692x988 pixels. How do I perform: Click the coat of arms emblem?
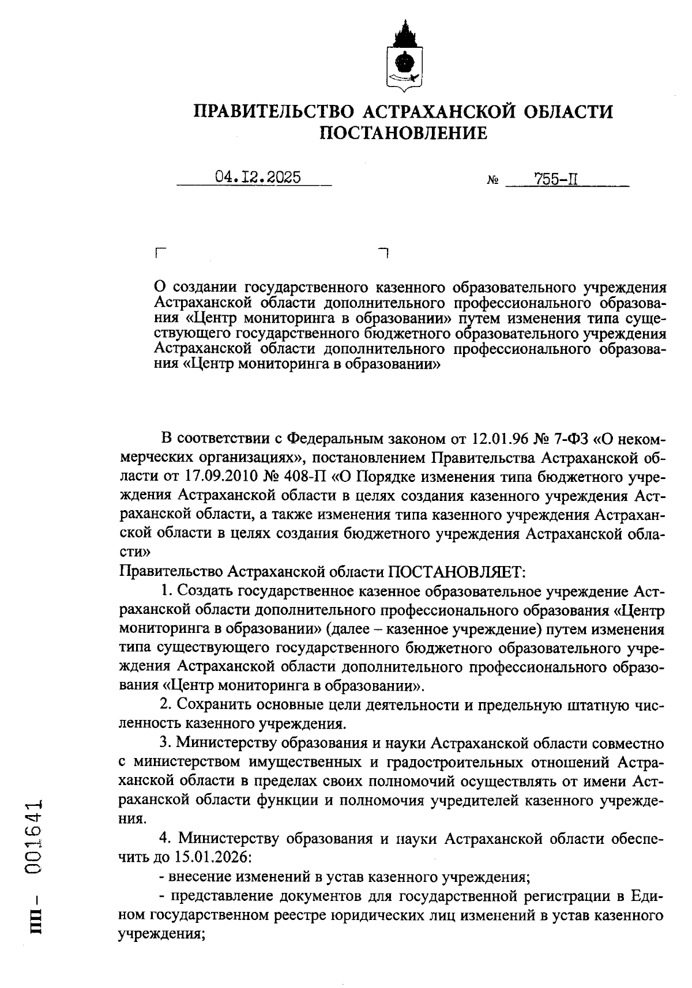403,58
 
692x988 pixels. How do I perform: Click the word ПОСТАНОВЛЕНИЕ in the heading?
403,134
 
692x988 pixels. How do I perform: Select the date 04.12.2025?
258,177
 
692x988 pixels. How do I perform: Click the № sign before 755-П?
493,180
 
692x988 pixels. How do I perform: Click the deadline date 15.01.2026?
210,857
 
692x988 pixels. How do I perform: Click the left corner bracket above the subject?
160,252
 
